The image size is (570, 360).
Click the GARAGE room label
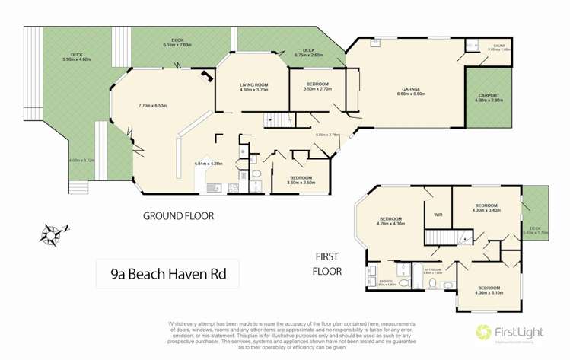pos(411,90)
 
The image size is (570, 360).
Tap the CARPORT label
pos(488,96)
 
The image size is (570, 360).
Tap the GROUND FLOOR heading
pos(178,216)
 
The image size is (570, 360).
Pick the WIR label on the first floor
pos(438,215)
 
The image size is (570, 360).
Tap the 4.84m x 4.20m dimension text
pos(208,164)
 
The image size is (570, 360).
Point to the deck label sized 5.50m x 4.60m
pos(76,55)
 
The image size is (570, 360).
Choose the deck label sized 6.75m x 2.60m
pos(309,52)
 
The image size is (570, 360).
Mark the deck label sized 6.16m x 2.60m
pos(177,42)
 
